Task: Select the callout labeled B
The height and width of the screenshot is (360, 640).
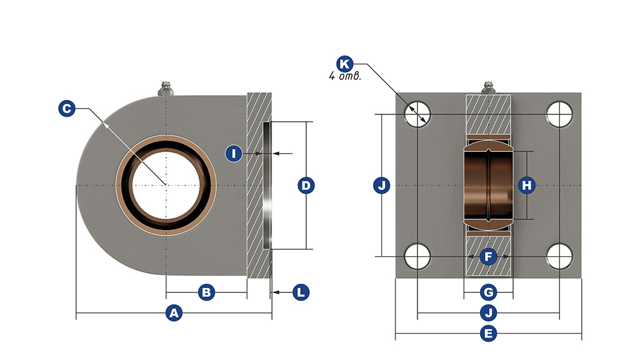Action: click(207, 292)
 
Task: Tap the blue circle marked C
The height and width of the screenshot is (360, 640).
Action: click(67, 109)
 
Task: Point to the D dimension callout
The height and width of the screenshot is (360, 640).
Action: click(306, 186)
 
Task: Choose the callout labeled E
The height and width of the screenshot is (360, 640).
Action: click(489, 334)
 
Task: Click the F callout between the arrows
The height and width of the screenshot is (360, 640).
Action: click(489, 256)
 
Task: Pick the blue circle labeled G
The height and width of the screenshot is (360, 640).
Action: click(489, 292)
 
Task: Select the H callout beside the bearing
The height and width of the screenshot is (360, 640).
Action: click(527, 185)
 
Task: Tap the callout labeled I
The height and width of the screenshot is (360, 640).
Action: click(234, 153)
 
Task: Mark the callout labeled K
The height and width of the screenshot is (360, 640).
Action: click(344, 64)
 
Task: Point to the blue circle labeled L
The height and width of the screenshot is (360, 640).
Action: click(301, 292)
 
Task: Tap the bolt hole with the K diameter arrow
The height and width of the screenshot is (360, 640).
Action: click(417, 114)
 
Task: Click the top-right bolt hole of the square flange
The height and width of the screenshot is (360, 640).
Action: click(559, 114)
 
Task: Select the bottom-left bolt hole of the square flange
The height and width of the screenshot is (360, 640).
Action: click(417, 256)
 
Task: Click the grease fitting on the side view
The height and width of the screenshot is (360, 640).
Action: click(166, 88)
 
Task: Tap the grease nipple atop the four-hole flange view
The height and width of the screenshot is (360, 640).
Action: click(489, 87)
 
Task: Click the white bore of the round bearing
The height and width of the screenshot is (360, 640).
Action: click(166, 185)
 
